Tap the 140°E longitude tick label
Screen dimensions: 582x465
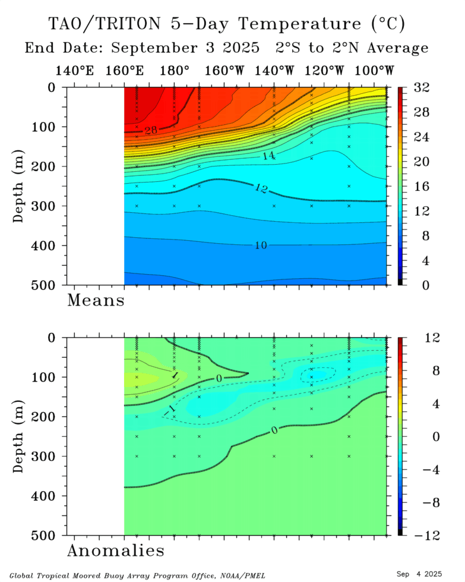75,71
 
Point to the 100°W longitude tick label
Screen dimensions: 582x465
375,71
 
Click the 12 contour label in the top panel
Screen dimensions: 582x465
261,190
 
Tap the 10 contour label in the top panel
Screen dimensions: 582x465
260,245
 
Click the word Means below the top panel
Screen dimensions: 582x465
96,300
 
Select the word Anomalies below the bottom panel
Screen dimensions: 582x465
116,550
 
